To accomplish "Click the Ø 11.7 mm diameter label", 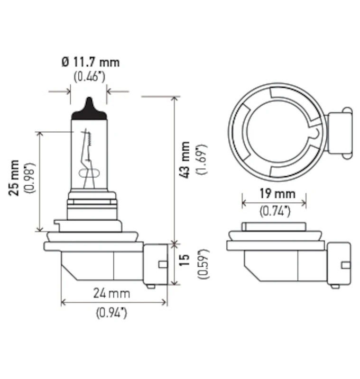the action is pyautogui.click(x=91, y=62).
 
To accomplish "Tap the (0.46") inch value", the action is pyautogui.click(x=90, y=77).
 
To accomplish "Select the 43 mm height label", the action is pyautogui.click(x=184, y=160).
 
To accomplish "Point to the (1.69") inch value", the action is pyautogui.click(x=202, y=160).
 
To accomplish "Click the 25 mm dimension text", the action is pyautogui.click(x=14, y=178).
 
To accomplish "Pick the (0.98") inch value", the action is pyautogui.click(x=30, y=178).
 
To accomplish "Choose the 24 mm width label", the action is pyautogui.click(x=112, y=293).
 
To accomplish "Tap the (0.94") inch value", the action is pyautogui.click(x=111, y=313).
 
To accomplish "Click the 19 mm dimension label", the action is pyautogui.click(x=277, y=194).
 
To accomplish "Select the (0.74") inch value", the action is pyautogui.click(x=275, y=211).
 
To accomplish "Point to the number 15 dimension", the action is pyautogui.click(x=184, y=260).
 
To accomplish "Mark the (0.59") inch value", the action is pyautogui.click(x=203, y=264).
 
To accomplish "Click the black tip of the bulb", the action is pyautogui.click(x=89, y=111).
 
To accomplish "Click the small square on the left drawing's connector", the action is pyautogui.click(x=163, y=264).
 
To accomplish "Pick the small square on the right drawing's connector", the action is pyautogui.click(x=346, y=265).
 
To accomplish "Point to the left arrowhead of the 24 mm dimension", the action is pyautogui.click(x=64, y=302).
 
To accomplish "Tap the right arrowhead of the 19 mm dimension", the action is pyautogui.click(x=304, y=203).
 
